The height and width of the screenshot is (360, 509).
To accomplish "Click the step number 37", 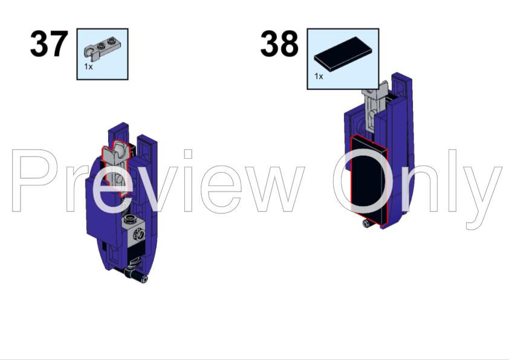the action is pyautogui.click(x=49, y=43).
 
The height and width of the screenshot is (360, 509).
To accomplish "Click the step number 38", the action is pyautogui.click(x=279, y=43).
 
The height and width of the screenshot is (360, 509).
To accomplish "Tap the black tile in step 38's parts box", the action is pyautogui.click(x=343, y=54).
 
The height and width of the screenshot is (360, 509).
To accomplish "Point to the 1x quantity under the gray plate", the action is pyautogui.click(x=88, y=66).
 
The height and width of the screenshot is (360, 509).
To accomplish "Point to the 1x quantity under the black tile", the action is pyautogui.click(x=319, y=76).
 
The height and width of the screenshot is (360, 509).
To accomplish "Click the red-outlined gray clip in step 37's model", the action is pyautogui.click(x=116, y=167).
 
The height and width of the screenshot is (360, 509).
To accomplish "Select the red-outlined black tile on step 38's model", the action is pyautogui.click(x=369, y=179).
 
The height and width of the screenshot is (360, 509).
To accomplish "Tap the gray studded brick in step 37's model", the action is pyautogui.click(x=134, y=231).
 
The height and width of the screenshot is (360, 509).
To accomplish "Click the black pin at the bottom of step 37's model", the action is pyautogui.click(x=137, y=275).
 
